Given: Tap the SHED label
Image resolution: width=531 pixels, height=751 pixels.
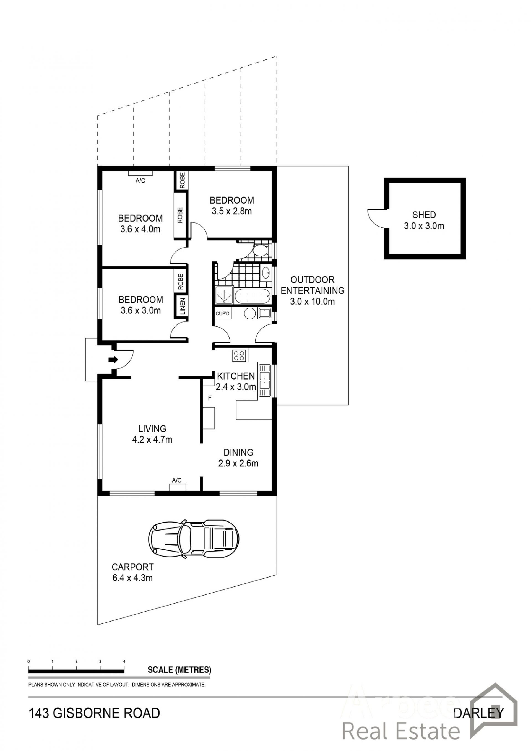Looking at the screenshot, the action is point(424,215).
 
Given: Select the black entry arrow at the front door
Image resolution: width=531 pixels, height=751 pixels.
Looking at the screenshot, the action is point(113,360).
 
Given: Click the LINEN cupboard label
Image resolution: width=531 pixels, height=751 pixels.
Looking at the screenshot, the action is point(183,306).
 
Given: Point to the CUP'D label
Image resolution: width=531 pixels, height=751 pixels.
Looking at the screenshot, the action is point(223,314).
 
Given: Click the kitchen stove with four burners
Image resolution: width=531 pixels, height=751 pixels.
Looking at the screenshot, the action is point(239,355).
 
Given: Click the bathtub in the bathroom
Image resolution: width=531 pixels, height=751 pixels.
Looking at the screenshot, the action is point(253,296).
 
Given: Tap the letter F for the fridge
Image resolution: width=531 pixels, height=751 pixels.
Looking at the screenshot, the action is point(210,398).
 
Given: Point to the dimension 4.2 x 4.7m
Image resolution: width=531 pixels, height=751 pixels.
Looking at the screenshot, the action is point(152,440).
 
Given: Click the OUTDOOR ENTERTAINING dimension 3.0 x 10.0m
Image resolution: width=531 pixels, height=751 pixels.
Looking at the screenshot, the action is point(312,301).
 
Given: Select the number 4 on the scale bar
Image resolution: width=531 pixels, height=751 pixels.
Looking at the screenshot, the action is point(124,661).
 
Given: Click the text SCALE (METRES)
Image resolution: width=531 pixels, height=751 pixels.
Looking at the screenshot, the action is point(179,670).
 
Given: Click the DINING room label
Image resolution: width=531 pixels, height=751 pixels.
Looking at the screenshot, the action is point(238,452).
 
